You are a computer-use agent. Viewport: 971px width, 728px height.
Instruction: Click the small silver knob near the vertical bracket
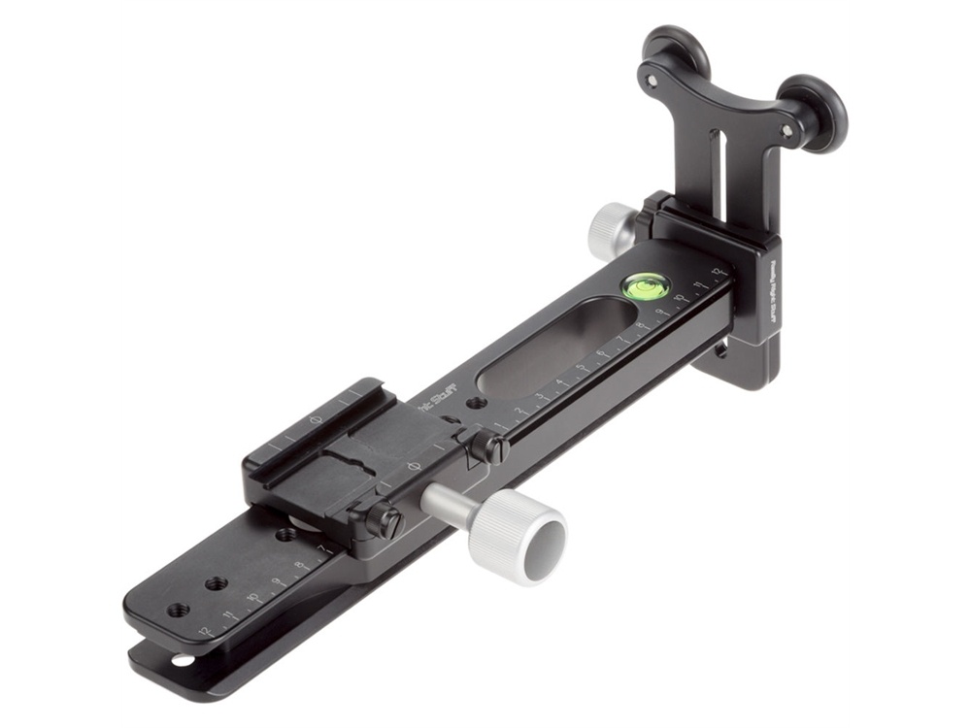point(610,229)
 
